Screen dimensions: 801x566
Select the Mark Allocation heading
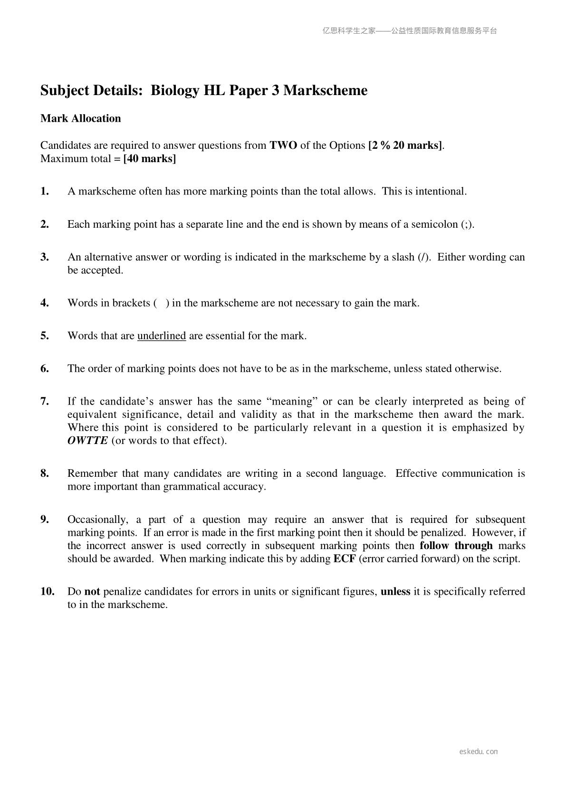point(81,118)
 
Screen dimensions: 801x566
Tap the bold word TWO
point(283,145)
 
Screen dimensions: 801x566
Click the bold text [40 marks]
point(149,159)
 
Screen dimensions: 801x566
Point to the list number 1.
point(45,192)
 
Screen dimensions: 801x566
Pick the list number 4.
point(45,303)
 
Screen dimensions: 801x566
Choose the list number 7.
point(45,402)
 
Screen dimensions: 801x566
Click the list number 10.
point(48,592)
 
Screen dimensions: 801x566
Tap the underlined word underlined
point(162,336)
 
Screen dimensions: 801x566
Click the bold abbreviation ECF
point(345,559)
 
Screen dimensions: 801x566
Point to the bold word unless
point(395,592)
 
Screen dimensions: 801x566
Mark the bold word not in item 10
point(92,592)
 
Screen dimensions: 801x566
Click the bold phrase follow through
point(456,546)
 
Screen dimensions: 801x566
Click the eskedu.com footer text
point(479,752)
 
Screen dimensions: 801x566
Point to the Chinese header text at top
point(410,31)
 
